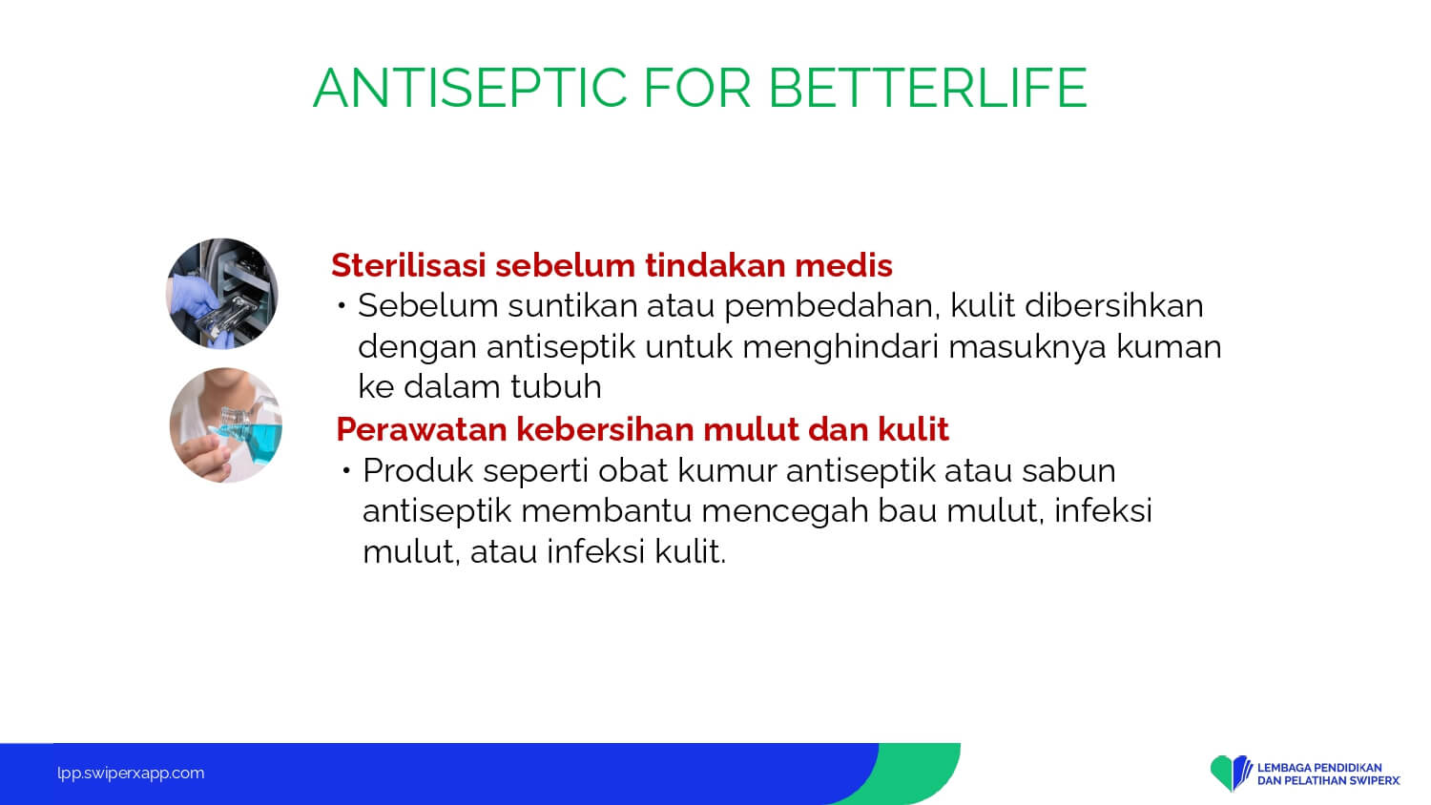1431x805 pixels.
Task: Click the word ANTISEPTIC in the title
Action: coord(470,88)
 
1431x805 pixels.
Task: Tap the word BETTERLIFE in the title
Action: coord(927,88)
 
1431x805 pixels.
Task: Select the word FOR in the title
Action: coord(697,88)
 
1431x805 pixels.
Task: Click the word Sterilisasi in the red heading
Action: coord(409,265)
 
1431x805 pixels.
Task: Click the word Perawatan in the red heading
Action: coord(422,429)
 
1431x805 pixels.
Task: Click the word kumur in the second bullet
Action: coord(727,471)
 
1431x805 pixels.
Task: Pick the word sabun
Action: coord(1068,471)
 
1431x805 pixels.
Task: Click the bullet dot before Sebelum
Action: coord(342,306)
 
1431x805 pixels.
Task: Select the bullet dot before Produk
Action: coord(346,471)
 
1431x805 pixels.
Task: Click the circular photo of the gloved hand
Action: coord(222,294)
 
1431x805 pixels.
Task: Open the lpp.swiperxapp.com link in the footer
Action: coord(131,774)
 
